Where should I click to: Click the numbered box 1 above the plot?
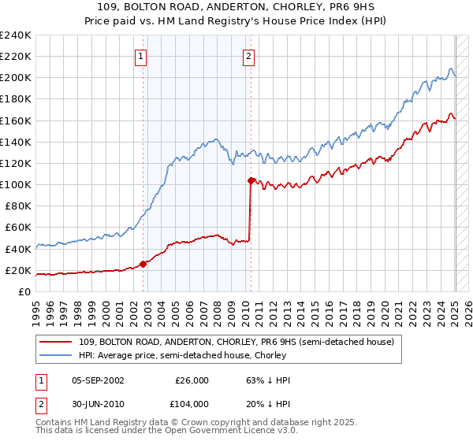140,55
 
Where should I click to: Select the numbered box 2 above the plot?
248,55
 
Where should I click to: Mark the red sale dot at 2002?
143,264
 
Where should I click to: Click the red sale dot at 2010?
251,181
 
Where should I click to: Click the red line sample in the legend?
56,341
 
